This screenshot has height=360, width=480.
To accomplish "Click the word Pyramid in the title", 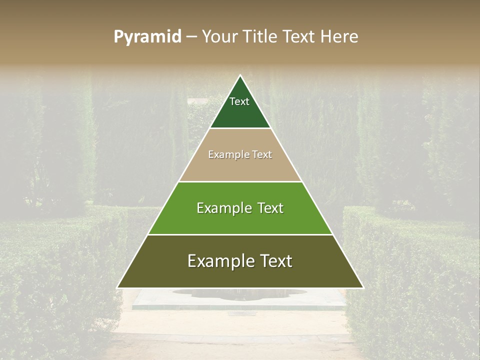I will pyautogui.click(x=147, y=37).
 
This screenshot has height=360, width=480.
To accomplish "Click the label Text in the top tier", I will pyautogui.click(x=239, y=101).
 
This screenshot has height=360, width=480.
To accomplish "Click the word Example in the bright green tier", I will pyautogui.click(x=223, y=208).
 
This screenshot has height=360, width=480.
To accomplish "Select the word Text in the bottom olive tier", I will pyautogui.click(x=275, y=261).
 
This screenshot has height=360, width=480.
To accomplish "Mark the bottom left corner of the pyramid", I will pyautogui.click(x=118, y=287).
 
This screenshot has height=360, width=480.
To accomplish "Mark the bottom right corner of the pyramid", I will pyautogui.click(x=362, y=287).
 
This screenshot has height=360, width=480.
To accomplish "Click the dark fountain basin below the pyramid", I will pyautogui.click(x=239, y=294).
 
